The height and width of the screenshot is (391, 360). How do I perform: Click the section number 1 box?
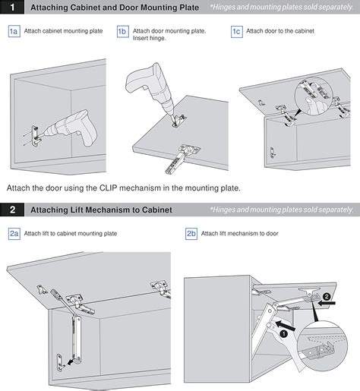tap(11, 8)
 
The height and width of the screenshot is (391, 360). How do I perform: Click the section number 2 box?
tap(11, 210)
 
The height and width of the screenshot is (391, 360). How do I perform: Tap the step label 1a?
tap(14, 32)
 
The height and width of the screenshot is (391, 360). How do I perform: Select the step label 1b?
tap(122, 32)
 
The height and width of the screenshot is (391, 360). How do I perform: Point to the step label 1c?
tap(237, 32)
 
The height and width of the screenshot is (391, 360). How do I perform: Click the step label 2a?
tap(14, 234)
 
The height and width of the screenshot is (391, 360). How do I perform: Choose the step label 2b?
tap(191, 234)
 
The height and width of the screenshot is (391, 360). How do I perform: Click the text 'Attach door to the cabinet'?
tap(279, 32)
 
